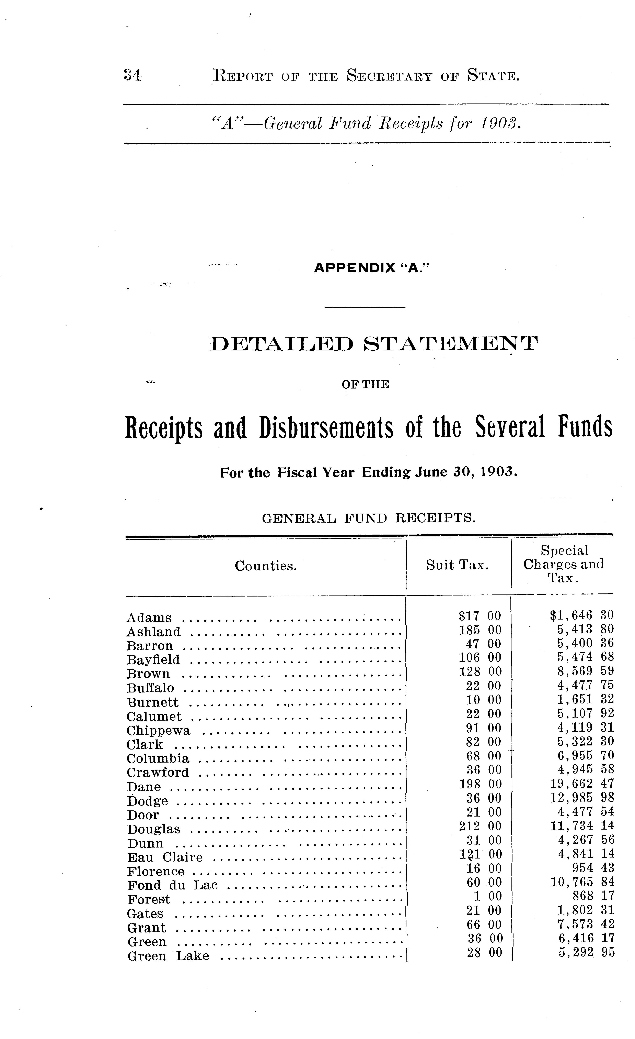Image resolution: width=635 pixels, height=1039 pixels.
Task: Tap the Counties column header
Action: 266,566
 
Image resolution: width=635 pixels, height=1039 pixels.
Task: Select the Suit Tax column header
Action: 457,565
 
